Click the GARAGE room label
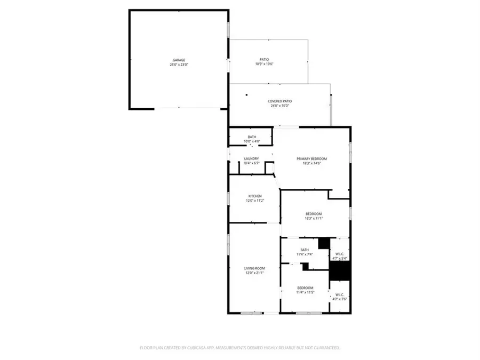tap(179, 60)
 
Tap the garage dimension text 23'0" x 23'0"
tap(179, 65)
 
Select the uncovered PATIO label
tap(265, 59)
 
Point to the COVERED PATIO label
tap(279, 101)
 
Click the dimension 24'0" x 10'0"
tap(279, 106)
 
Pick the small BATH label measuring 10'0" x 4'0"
tap(252, 137)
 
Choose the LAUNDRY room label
tap(251, 158)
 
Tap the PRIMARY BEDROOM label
tap(311, 158)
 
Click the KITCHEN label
tap(254, 196)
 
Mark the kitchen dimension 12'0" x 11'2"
tap(254, 201)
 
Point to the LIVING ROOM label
tap(254, 268)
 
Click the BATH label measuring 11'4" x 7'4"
tap(305, 250)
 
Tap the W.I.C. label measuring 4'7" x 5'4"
tap(340, 253)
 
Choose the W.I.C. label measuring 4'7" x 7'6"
tap(340, 294)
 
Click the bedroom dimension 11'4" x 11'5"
tap(305, 293)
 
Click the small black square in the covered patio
tap(246, 95)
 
